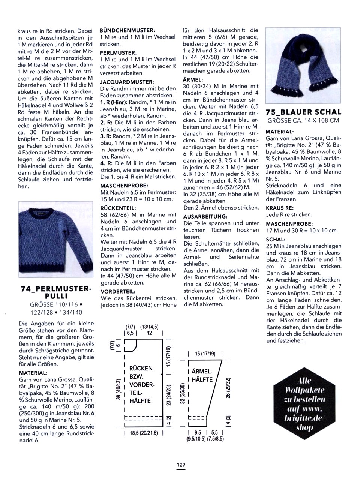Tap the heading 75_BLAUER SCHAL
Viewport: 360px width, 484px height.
pos(303,112)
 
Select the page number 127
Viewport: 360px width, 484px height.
pos(181,465)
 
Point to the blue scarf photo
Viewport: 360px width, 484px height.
pos(303,65)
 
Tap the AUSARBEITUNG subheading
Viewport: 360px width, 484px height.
pos(205,216)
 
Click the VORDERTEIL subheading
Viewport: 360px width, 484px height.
pos(118,291)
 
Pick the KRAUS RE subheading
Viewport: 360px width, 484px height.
pos(279,208)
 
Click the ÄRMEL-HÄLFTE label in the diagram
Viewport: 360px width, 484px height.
pos(202,375)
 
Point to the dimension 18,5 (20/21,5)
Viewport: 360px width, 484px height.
pos(144,433)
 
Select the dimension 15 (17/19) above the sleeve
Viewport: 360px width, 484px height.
pos(205,354)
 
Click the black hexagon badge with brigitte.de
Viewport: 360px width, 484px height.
pos(304,404)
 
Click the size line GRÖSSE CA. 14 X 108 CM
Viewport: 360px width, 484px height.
pos(303,120)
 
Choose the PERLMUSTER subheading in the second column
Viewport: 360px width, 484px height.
pos(118,53)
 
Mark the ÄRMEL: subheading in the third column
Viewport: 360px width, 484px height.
pos(193,79)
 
